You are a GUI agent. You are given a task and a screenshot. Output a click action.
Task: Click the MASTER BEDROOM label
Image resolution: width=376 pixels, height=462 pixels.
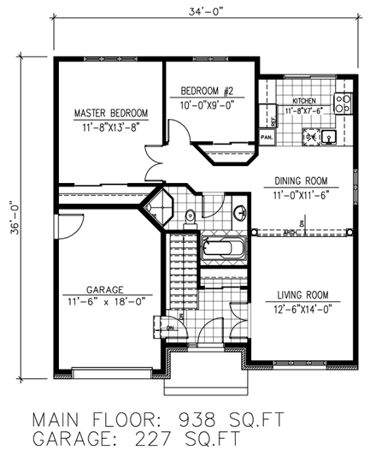110,113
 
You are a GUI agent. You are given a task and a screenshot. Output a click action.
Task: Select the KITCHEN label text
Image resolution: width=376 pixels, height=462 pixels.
305,99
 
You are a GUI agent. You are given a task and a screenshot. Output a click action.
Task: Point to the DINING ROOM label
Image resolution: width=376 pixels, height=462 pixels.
303,181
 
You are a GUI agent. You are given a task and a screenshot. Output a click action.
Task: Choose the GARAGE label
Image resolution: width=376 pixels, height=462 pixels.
105,289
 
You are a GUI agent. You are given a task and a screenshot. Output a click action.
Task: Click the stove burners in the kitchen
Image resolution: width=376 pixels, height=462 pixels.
344,104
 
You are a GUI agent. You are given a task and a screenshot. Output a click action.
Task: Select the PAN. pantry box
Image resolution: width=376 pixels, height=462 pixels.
267,136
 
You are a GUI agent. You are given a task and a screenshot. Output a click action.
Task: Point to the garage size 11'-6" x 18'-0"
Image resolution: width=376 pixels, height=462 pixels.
105,303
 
